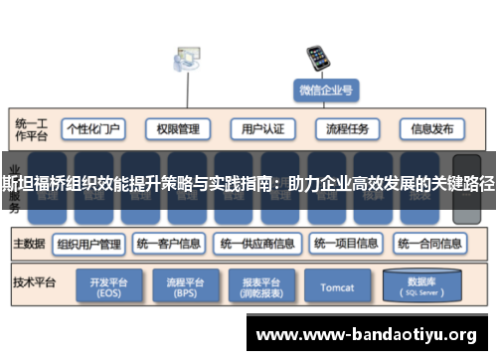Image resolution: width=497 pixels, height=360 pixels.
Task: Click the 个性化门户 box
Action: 93,129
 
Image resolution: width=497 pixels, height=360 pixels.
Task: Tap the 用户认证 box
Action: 263,129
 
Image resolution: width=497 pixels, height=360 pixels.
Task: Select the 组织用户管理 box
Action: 89,243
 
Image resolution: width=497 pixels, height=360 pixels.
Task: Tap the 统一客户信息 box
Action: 170,243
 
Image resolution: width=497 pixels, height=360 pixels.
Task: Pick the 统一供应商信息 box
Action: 257,243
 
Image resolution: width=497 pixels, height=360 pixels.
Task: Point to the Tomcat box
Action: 338,287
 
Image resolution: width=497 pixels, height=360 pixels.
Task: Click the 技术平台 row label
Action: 33,282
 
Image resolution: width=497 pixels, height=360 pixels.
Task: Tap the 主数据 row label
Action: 29,243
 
